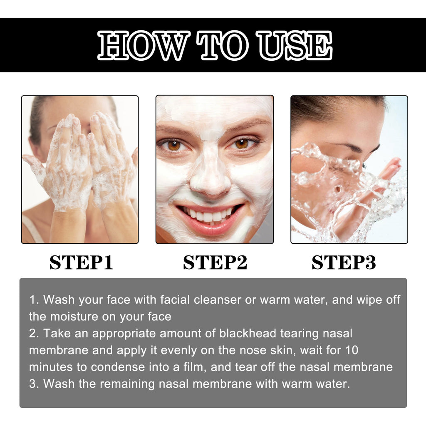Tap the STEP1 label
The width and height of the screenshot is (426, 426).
[81, 263]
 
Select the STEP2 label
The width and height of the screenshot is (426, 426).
[215, 263]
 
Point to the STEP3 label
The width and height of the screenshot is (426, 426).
[344, 263]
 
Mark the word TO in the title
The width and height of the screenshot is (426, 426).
[223, 45]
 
